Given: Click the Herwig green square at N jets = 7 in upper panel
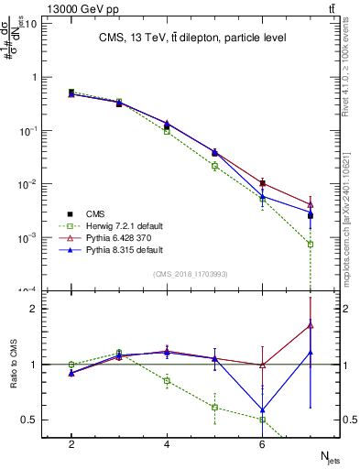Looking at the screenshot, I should tap(311, 245).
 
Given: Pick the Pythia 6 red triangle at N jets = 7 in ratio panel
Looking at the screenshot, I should tap(311, 324).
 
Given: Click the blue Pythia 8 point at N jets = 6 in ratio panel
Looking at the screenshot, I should tap(263, 410).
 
